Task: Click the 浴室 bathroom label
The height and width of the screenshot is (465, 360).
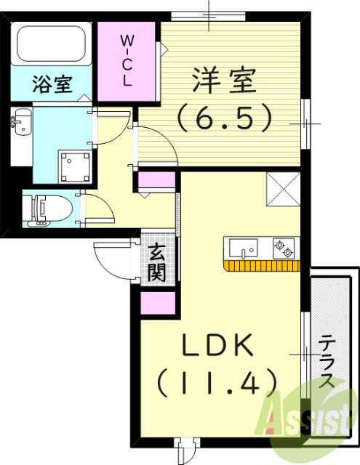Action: coord(51,84)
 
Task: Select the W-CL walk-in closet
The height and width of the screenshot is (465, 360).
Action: coord(127,60)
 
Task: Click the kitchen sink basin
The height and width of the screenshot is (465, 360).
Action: coord(243,248)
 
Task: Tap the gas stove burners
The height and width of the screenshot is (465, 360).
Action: coord(283,248)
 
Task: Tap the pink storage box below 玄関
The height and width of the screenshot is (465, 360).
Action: coord(158,302)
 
